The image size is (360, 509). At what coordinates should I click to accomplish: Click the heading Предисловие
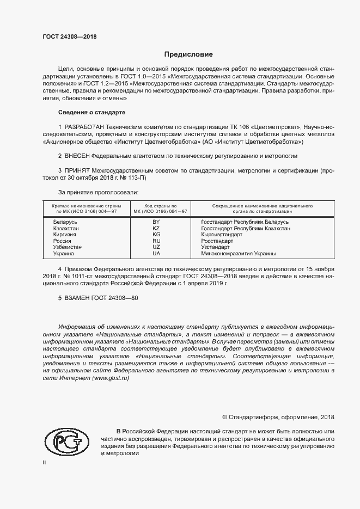pyautogui.click(x=189, y=54)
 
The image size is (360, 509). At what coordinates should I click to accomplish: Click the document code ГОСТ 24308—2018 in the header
pyautogui.click(x=70, y=36)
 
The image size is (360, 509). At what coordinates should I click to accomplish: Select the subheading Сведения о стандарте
pyautogui.click(x=91, y=112)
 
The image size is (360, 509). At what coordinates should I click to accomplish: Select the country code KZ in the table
pyautogui.click(x=156, y=229)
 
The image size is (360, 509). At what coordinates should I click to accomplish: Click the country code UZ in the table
pyautogui.click(x=156, y=247)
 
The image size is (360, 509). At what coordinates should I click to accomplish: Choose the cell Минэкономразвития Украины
pyautogui.click(x=238, y=253)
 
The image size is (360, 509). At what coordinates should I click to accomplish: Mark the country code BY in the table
pyautogui.click(x=156, y=222)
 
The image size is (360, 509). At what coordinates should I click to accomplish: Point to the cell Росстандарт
pyautogui.click(x=217, y=241)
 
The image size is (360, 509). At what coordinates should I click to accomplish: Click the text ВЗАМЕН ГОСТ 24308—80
pyautogui.click(x=98, y=299)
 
